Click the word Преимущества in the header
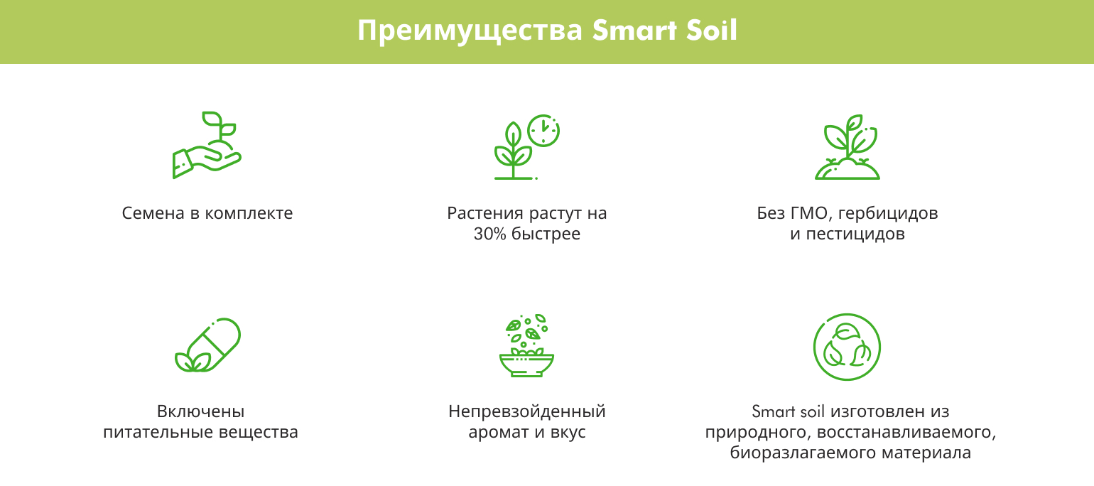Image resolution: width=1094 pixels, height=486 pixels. click(x=470, y=31)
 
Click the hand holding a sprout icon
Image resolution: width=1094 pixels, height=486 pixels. click(x=207, y=144)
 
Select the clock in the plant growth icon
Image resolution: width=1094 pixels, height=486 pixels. click(x=543, y=131)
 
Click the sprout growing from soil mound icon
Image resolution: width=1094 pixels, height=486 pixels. click(x=847, y=147)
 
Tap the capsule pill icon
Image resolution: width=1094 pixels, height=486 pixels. click(x=208, y=345)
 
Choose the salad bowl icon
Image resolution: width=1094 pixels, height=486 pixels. click(x=526, y=345)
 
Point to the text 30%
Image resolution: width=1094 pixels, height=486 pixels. click(x=490, y=234)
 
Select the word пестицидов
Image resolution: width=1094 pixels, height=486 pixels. click(x=855, y=234)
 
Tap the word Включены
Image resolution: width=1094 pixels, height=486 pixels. click(x=201, y=411)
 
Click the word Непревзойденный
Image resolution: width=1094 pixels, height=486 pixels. click(x=527, y=411)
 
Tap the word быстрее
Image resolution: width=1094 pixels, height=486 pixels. click(x=546, y=234)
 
